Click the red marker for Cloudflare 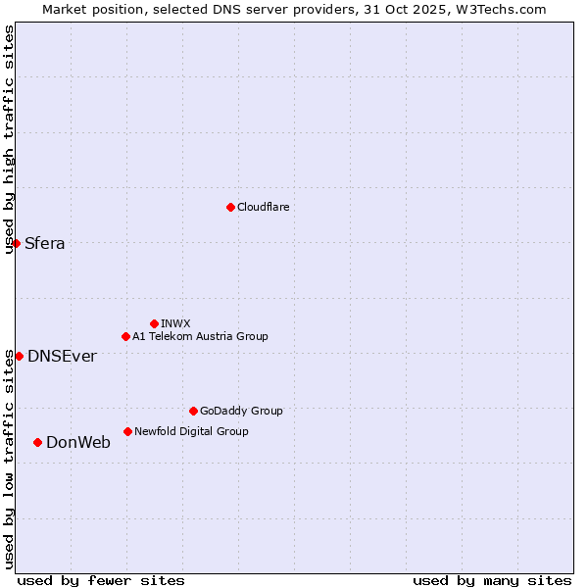(x=230, y=207)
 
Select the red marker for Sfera (x=16, y=243)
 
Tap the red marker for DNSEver (x=19, y=356)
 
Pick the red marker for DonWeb (x=37, y=442)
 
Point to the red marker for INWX (x=154, y=323)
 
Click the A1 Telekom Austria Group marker (x=125, y=336)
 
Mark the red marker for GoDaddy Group (x=193, y=411)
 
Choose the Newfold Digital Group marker (x=127, y=431)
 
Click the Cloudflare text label (x=263, y=207)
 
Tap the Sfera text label (x=45, y=244)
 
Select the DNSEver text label (x=62, y=357)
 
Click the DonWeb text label (x=78, y=443)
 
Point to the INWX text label (x=175, y=323)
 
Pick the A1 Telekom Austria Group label (x=200, y=336)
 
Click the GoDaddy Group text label (x=241, y=411)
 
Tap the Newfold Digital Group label (x=191, y=431)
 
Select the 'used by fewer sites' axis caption (x=101, y=580)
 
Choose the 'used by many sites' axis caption (x=492, y=580)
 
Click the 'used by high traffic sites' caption (x=9, y=139)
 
